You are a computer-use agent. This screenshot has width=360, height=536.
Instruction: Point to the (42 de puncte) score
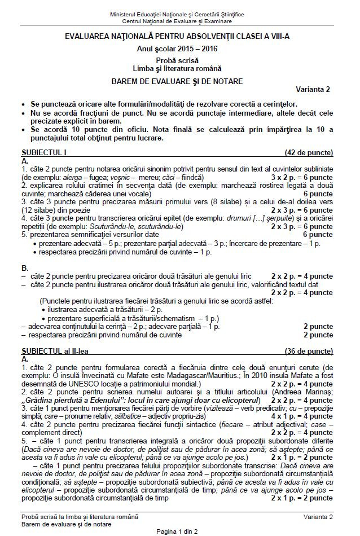[309, 152]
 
